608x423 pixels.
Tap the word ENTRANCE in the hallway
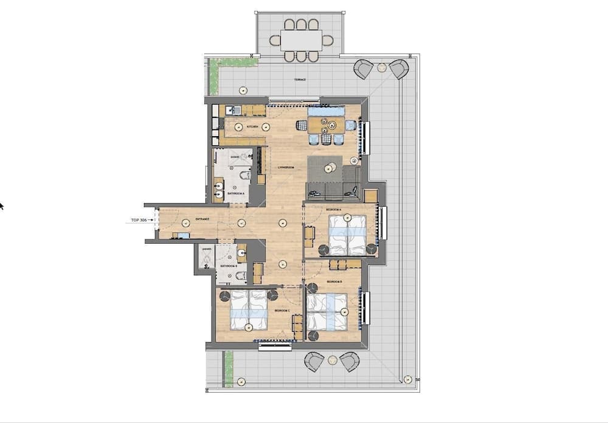202,219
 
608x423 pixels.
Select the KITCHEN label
254,126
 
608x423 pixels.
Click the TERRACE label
298,80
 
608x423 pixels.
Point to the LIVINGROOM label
286,167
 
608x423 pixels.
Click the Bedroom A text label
333,209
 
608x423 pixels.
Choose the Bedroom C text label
280,310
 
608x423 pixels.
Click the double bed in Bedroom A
347,236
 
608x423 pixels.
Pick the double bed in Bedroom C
249,308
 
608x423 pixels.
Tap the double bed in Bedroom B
327,312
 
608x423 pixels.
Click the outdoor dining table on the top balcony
302,41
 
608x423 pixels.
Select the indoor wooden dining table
325,125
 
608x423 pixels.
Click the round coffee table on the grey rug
332,167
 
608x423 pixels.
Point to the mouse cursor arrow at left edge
1,206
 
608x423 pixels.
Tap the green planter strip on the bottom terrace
229,369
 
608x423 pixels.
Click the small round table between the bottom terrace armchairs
332,360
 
